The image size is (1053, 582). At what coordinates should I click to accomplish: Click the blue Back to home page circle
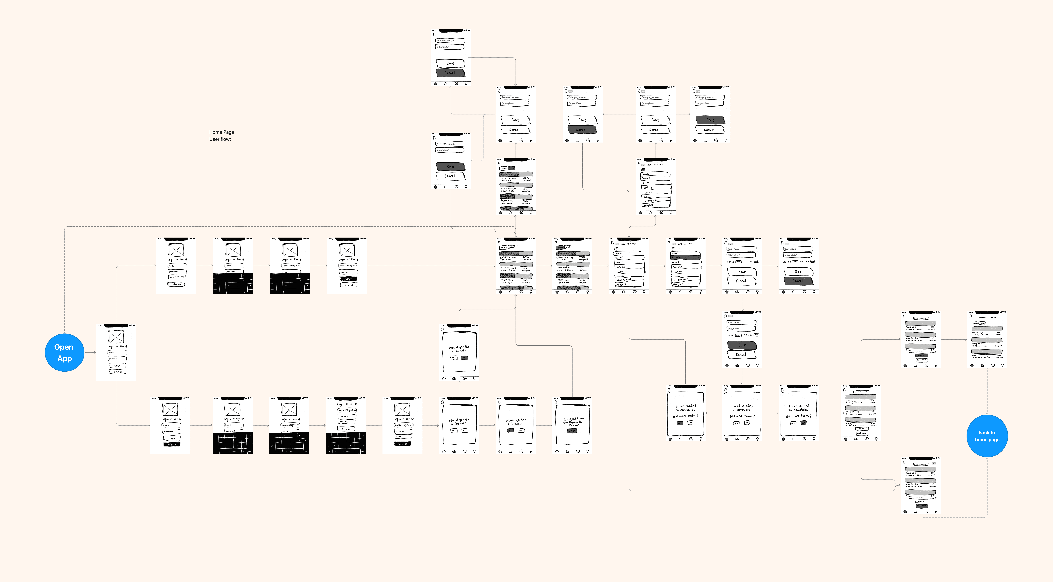coord(987,436)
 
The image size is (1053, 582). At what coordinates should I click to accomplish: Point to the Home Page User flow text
coord(221,135)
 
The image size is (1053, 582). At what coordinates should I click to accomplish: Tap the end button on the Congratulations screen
coord(572,431)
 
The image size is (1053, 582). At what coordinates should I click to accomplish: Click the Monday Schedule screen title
coord(988,318)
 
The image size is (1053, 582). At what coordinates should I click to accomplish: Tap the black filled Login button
coord(348,279)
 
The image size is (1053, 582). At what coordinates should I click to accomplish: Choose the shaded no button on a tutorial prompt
coord(464,358)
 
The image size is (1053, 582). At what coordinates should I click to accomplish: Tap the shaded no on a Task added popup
coord(804,423)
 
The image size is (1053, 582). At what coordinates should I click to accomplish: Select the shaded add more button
coord(921,506)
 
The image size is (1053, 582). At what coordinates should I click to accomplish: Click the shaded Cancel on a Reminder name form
coord(450,73)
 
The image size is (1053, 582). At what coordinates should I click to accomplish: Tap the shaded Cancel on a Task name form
coord(798,281)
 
